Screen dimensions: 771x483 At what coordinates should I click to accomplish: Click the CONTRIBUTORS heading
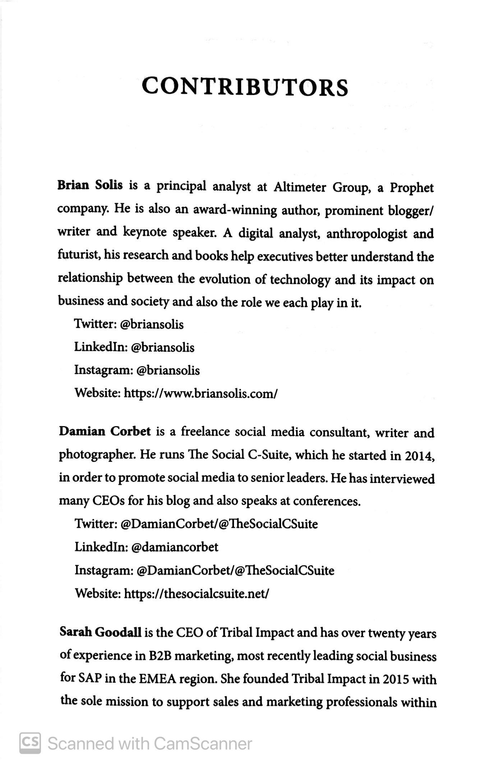coord(245,87)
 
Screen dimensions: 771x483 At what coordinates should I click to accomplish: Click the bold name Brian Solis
coord(90,186)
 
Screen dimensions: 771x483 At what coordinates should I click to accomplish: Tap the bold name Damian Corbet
coord(105,431)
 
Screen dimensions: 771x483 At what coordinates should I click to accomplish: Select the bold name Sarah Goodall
coord(100,632)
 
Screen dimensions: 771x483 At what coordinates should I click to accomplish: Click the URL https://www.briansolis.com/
coord(201,393)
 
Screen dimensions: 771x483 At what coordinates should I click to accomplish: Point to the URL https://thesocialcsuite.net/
coord(196,593)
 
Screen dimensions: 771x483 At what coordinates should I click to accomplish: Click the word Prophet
coord(412,188)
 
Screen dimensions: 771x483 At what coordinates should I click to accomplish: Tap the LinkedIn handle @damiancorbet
coord(175,547)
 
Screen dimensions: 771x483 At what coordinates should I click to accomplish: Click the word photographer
coord(97,455)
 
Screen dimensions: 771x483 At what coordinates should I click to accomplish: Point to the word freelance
coord(205,431)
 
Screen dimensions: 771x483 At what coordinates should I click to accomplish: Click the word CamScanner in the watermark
coord(203,744)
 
